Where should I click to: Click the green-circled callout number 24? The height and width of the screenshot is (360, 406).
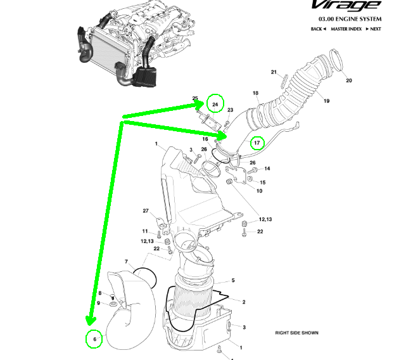(x=215, y=104)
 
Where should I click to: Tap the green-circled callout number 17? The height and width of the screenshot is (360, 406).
(x=257, y=143)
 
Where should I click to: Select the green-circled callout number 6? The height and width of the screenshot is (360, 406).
(x=94, y=340)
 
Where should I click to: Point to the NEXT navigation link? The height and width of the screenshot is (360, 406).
(x=375, y=29)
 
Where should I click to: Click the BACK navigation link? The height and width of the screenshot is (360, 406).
(x=318, y=29)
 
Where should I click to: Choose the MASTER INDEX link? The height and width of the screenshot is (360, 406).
(x=347, y=29)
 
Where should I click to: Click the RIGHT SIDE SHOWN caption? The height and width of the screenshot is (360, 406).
(x=296, y=333)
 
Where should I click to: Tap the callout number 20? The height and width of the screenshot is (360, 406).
(x=348, y=80)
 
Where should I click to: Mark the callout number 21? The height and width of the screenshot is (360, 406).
(x=274, y=72)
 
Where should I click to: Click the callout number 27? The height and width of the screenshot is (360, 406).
(x=145, y=211)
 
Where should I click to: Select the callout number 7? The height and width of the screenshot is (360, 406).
(x=126, y=262)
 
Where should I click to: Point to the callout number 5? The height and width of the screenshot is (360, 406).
(x=233, y=280)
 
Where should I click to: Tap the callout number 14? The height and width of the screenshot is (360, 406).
(x=267, y=169)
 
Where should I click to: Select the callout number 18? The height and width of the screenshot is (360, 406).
(x=256, y=93)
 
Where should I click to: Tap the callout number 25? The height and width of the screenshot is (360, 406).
(x=196, y=98)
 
